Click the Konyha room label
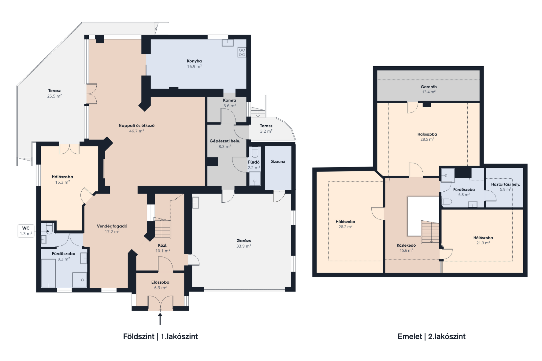[x=194, y=61]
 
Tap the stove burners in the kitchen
[x=242, y=52]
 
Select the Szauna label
[x=278, y=161]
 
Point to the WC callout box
[x=26, y=231]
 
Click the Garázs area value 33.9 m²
[x=244, y=246]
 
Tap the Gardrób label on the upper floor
[x=429, y=87]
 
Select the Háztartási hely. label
[x=506, y=184]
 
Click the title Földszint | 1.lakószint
[x=160, y=337]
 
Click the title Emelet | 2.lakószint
[x=432, y=337]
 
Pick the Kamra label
[x=229, y=100]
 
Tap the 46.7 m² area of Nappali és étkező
[x=136, y=131]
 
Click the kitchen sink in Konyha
[x=228, y=43]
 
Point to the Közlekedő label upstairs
[x=406, y=245]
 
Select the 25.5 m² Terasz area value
[x=54, y=96]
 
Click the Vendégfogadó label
[x=112, y=226]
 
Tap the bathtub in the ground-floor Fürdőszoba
[x=48, y=273]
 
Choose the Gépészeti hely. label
[x=225, y=141]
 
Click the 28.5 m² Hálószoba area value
[x=427, y=139]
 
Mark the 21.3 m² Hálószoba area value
[x=483, y=243]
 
